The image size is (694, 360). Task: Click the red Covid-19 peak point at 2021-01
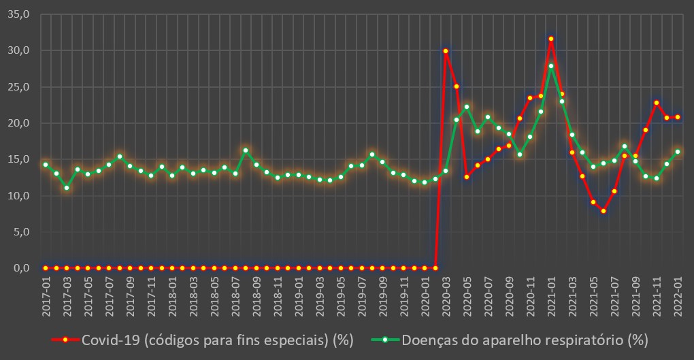(551, 39)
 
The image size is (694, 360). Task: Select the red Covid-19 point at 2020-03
(446, 50)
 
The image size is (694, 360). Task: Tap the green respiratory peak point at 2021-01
(551, 66)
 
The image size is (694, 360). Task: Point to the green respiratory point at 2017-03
(67, 188)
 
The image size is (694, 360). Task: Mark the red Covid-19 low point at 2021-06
(604, 211)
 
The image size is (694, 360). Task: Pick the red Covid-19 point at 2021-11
(657, 103)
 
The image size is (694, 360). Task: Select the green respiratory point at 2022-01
(678, 152)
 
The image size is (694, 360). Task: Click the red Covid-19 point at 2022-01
(678, 117)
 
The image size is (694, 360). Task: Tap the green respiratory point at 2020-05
(467, 107)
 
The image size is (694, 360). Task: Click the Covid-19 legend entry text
(217, 340)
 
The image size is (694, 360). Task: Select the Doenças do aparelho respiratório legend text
(525, 340)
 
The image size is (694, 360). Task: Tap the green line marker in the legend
(384, 340)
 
